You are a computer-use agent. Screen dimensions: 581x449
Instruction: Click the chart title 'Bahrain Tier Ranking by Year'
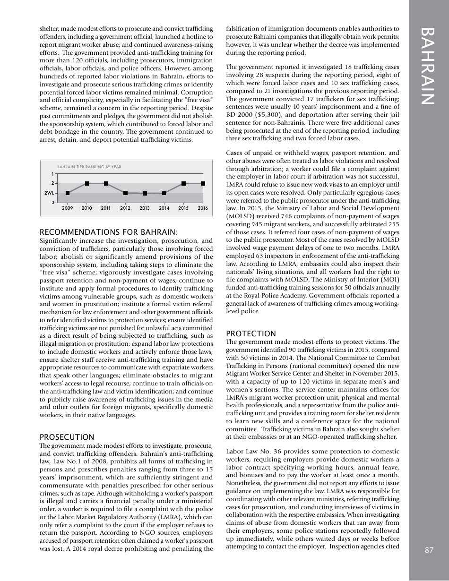tap(89, 167)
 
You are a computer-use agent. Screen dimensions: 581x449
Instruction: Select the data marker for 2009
tap(68, 193)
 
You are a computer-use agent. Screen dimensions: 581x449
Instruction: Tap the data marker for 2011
tap(106, 183)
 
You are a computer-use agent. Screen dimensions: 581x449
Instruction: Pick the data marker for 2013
tap(145, 193)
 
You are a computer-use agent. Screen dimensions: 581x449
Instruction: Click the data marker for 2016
tap(203, 183)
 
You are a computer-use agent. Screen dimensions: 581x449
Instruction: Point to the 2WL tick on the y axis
tap(49, 193)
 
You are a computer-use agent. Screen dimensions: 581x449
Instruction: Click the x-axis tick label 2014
tap(164, 208)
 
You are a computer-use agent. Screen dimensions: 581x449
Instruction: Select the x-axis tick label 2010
tap(87, 208)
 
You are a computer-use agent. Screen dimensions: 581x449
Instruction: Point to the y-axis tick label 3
tap(52, 203)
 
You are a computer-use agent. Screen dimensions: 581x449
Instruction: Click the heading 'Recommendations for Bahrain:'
tap(109, 232)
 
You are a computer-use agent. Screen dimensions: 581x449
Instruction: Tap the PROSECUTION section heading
tap(67, 437)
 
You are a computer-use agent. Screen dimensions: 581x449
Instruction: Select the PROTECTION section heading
tap(251, 333)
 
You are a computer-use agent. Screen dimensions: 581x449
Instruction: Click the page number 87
tap(429, 549)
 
